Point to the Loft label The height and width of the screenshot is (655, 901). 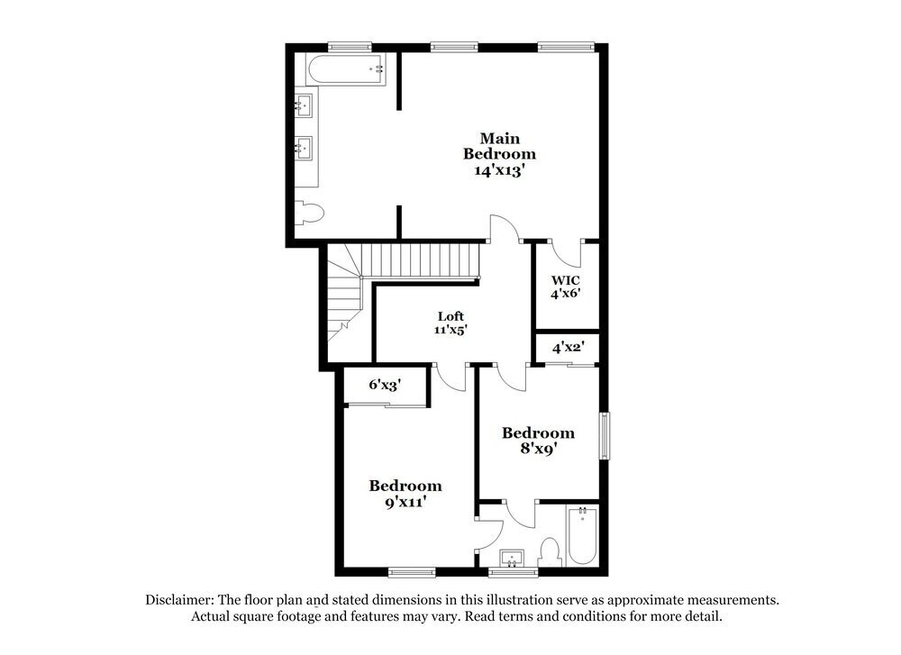[x=450, y=316]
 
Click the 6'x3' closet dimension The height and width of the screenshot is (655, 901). [x=385, y=385]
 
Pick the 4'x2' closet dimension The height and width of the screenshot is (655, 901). [x=568, y=347]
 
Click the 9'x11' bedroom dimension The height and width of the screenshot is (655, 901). [x=405, y=502]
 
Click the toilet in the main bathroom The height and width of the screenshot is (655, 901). [x=309, y=214]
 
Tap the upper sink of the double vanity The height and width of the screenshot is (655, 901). [x=305, y=105]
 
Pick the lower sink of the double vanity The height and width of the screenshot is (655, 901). [x=305, y=146]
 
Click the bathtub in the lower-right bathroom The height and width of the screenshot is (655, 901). [x=582, y=535]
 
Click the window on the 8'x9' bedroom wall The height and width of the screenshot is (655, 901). [x=605, y=436]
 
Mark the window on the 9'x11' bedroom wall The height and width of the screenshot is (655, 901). [x=412, y=571]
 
